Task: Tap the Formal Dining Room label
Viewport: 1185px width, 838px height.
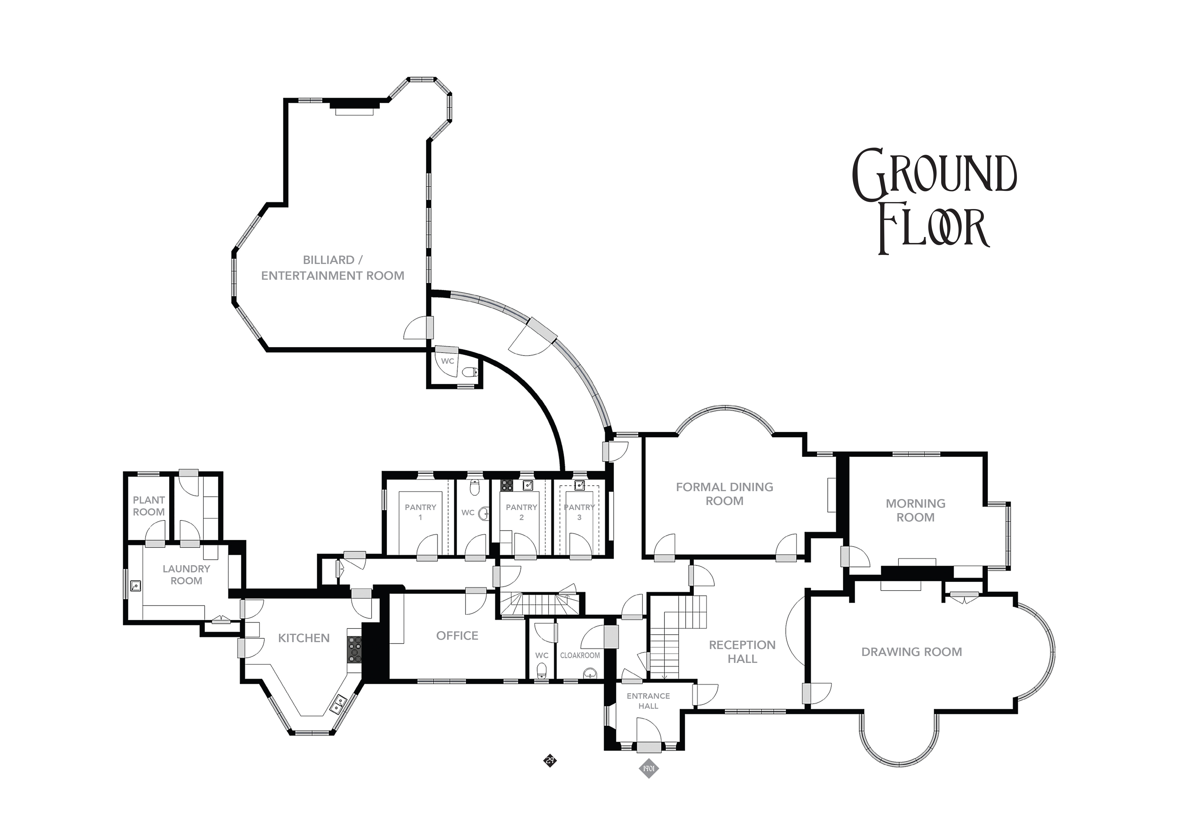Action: pyautogui.click(x=725, y=494)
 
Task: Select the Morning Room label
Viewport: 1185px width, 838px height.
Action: pyautogui.click(x=916, y=510)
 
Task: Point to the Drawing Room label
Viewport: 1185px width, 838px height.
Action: pyautogui.click(x=912, y=652)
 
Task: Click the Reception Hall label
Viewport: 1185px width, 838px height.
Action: pyautogui.click(x=742, y=652)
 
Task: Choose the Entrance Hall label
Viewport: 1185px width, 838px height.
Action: pyautogui.click(x=648, y=701)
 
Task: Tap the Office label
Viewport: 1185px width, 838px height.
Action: pyautogui.click(x=457, y=636)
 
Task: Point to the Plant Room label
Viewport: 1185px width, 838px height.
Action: pyautogui.click(x=149, y=506)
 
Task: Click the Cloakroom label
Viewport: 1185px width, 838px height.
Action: pyautogui.click(x=580, y=655)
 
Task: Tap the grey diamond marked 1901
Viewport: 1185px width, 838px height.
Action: pyautogui.click(x=649, y=783)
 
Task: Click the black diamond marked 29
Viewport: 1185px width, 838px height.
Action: pyautogui.click(x=550, y=760)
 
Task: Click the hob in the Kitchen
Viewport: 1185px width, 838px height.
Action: pyautogui.click(x=354, y=649)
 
